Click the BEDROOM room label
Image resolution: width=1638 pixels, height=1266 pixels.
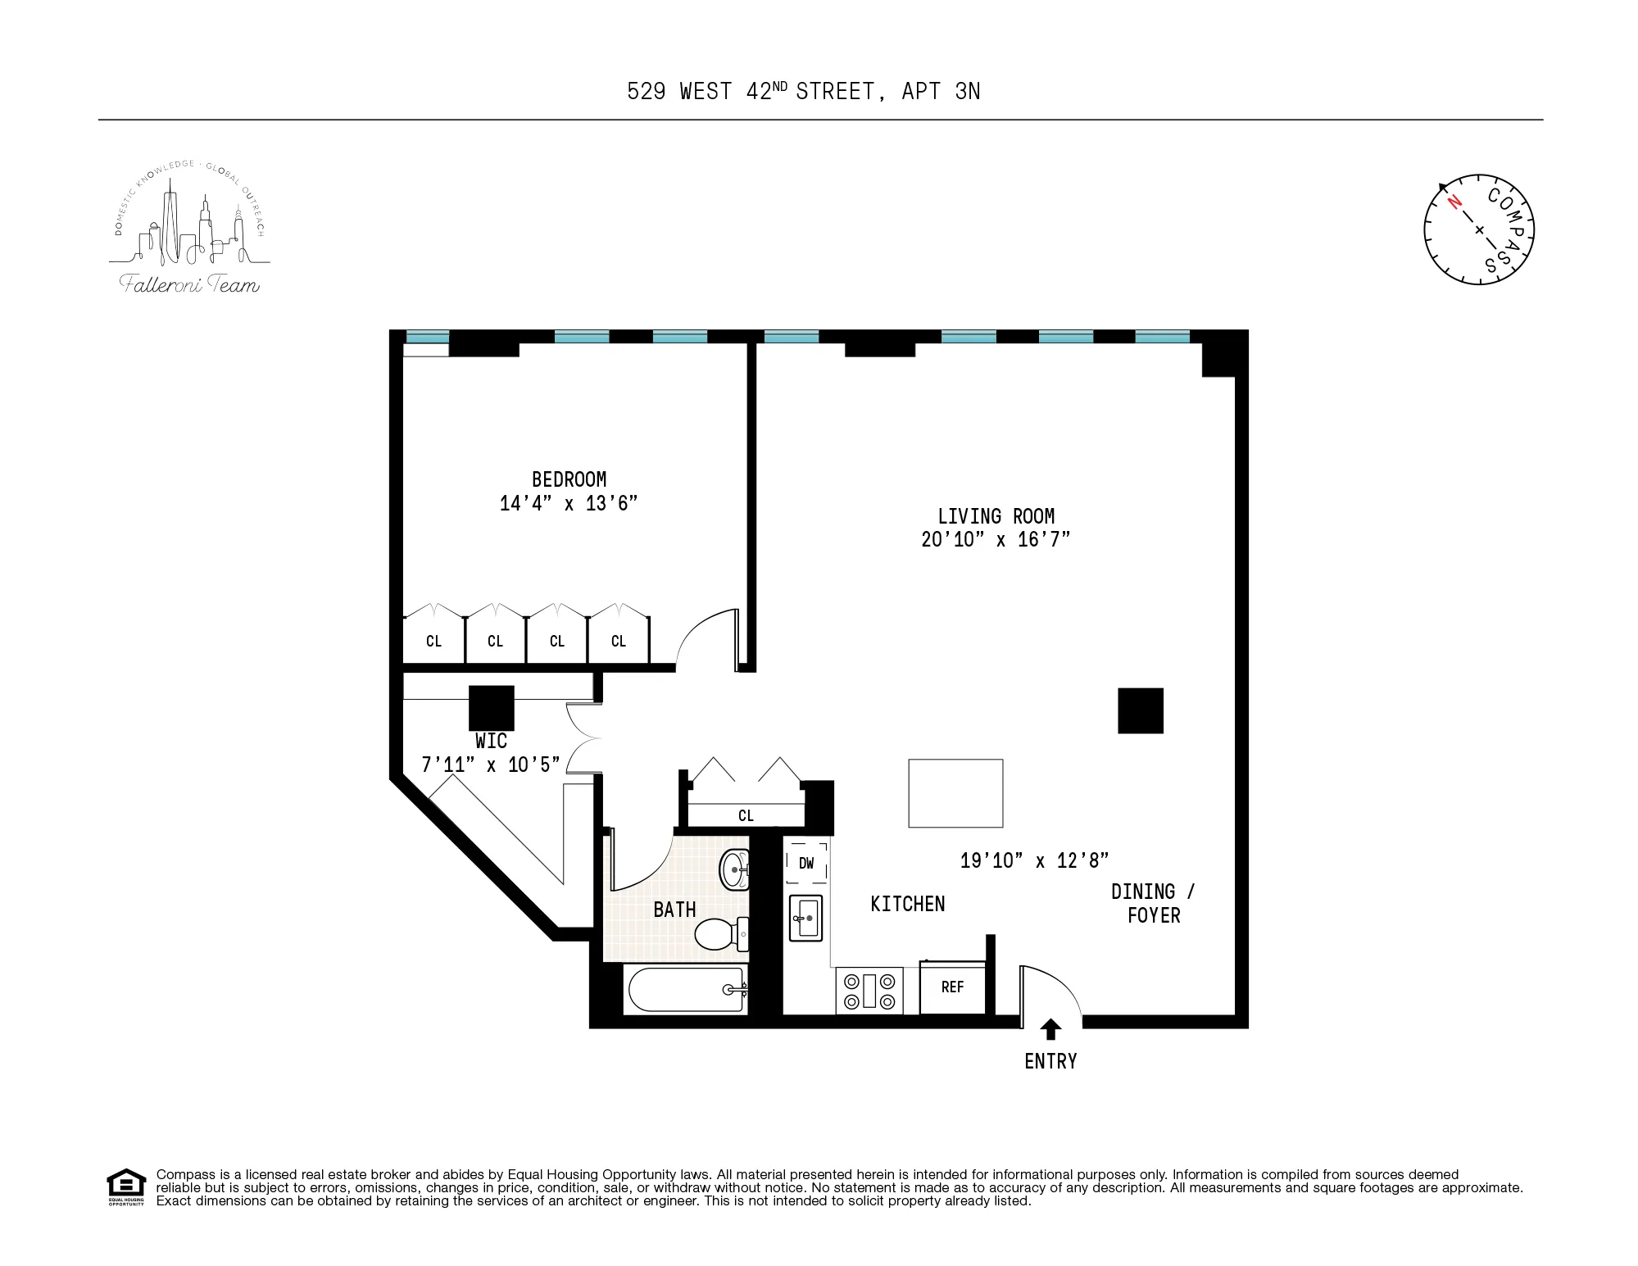[569, 479]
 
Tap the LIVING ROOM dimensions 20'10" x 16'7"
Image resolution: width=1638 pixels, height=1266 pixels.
[996, 539]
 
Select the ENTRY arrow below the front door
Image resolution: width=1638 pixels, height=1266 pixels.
[1050, 1029]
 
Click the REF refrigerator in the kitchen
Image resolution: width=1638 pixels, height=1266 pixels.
[952, 987]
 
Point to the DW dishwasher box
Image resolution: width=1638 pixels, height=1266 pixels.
[806, 863]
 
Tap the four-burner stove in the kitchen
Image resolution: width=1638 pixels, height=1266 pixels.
[869, 991]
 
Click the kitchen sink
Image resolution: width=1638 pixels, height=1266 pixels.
[805, 918]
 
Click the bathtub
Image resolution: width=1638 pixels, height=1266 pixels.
[687, 990]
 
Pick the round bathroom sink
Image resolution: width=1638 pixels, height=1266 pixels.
[733, 869]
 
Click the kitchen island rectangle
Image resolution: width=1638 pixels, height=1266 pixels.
[955, 793]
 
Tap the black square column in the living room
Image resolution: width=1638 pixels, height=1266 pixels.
[1141, 710]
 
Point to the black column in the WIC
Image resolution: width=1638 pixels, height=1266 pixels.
[492, 707]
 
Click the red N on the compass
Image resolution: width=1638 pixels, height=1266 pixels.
[1454, 202]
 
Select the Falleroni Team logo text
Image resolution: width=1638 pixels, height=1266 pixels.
[190, 285]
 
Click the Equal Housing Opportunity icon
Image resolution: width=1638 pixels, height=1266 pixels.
[126, 1186]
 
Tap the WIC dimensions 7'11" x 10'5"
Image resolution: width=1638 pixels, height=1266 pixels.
[491, 765]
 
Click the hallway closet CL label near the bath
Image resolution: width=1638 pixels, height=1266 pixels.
[746, 815]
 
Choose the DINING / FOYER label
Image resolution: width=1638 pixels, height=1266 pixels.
[1153, 904]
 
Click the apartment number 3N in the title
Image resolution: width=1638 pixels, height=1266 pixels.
[968, 92]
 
